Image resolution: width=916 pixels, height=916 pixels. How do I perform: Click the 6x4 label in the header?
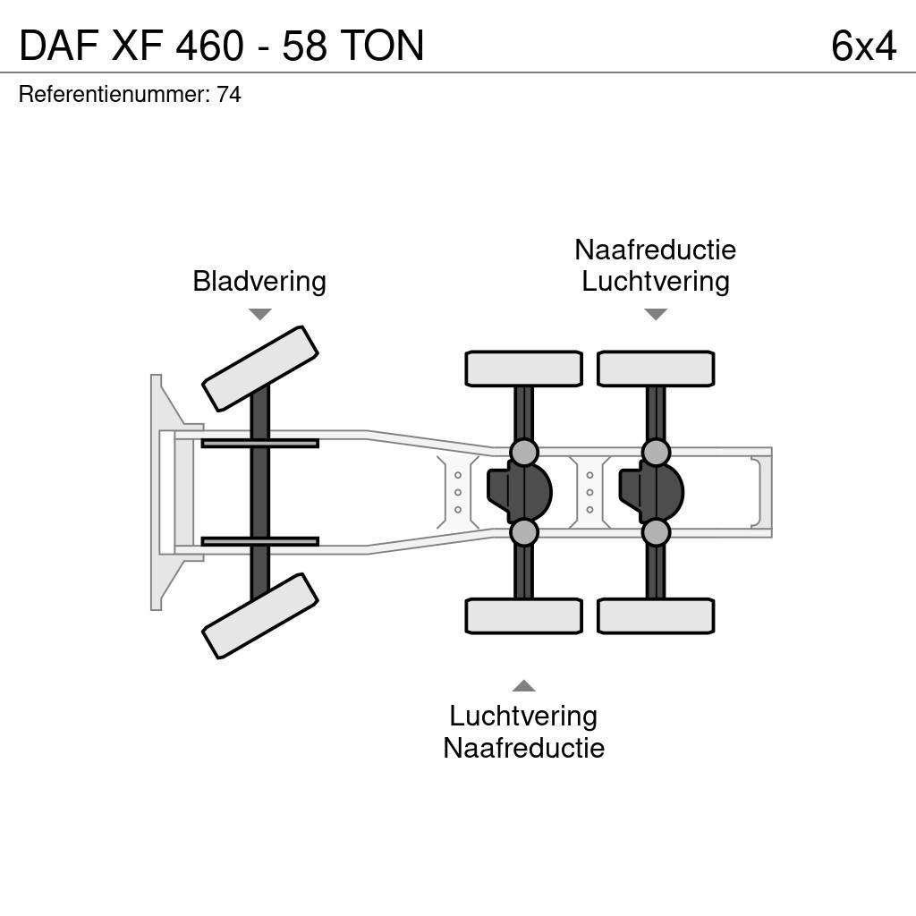[x=862, y=46]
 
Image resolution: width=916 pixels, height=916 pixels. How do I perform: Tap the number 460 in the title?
[x=210, y=46]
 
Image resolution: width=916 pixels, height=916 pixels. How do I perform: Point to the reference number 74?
[x=229, y=94]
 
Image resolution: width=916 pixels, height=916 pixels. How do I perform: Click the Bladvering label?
[x=259, y=282]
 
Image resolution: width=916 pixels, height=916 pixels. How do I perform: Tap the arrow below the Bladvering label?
[x=259, y=314]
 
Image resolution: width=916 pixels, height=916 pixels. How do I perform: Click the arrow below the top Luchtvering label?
[x=656, y=314]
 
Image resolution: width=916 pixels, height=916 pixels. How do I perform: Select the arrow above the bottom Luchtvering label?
[x=523, y=686]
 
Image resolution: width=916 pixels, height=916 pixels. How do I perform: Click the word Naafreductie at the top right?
[x=655, y=250]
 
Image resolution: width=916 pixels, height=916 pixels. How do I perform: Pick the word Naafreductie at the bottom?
[x=523, y=748]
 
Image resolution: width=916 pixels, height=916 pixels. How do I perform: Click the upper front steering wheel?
[x=260, y=368]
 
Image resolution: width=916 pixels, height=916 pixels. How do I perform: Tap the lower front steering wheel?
[x=260, y=615]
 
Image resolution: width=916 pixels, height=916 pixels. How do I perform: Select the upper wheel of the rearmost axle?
[x=656, y=369]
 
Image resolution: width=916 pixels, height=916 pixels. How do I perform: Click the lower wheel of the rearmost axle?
[x=656, y=615]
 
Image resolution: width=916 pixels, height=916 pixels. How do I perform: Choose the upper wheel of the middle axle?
[x=523, y=369]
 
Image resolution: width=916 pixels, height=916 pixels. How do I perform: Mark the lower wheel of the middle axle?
[x=523, y=615]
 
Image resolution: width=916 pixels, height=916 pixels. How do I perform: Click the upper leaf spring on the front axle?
[x=259, y=443]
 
